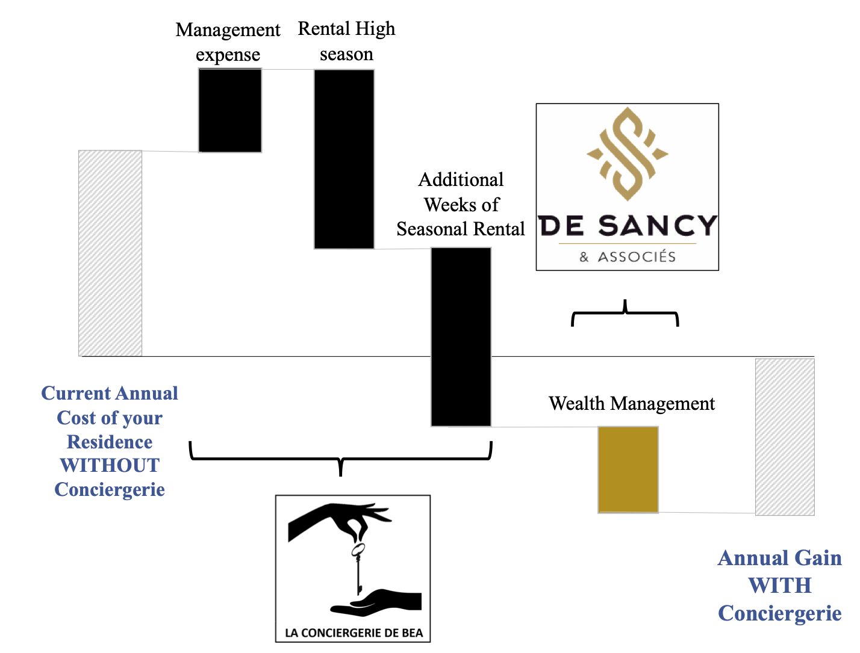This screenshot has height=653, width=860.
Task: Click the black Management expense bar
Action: click(x=230, y=110)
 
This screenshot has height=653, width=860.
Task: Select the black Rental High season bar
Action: click(x=344, y=159)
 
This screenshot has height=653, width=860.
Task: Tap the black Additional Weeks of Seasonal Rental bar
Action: click(x=461, y=336)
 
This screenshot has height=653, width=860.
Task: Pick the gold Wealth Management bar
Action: click(x=628, y=469)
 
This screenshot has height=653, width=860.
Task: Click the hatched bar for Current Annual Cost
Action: click(x=110, y=253)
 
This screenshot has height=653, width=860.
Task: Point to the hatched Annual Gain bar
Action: click(x=785, y=437)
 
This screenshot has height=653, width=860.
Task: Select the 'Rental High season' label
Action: click(x=346, y=41)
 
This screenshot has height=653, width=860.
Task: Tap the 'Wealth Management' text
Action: click(x=632, y=403)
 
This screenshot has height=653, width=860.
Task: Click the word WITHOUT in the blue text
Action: click(x=110, y=465)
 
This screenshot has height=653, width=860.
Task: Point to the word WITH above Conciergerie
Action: click(x=779, y=585)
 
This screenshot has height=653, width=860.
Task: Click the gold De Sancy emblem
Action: click(x=628, y=153)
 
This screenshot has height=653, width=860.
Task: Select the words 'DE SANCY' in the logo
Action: click(x=628, y=226)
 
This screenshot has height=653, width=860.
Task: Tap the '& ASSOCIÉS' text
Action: click(x=628, y=257)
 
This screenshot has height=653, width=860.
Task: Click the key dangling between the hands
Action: click(x=358, y=566)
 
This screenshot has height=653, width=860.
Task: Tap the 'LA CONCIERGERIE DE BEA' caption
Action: click(x=354, y=633)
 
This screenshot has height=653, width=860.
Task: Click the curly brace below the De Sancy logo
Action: click(x=625, y=314)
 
